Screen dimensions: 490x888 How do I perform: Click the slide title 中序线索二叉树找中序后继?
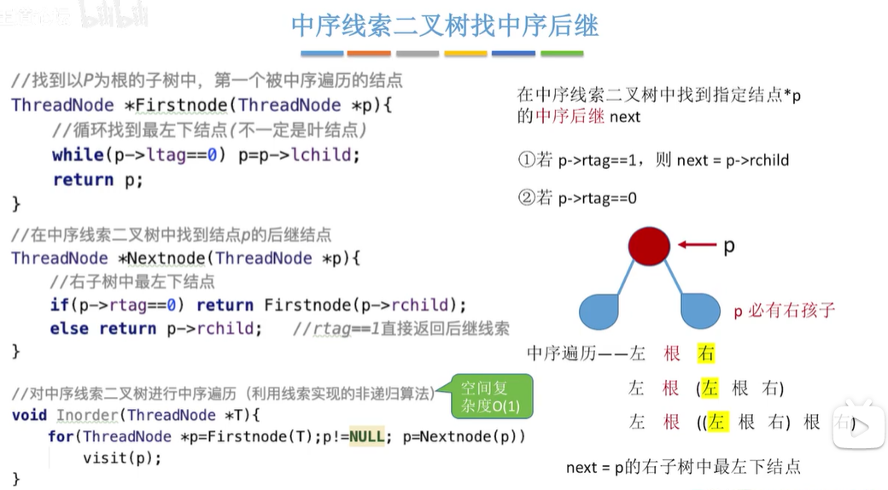[444, 25]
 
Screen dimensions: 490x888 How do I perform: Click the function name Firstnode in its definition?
[184, 106]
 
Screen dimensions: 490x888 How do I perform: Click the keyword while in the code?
[77, 155]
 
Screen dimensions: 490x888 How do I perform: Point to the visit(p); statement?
[121, 458]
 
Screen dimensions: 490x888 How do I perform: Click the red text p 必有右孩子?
[784, 311]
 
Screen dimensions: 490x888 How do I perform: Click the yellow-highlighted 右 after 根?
[705, 353]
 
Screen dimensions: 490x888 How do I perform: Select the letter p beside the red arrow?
[728, 246]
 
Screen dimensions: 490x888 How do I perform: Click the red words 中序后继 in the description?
[570, 116]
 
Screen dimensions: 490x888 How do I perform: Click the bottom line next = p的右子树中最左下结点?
[683, 467]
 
